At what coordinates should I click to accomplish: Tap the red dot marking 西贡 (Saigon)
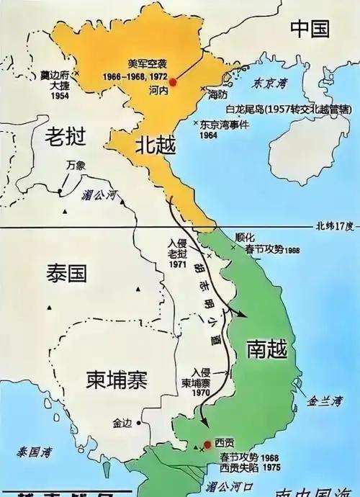coord(207,444)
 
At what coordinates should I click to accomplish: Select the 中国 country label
coord(310,29)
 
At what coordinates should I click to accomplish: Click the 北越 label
coord(154,144)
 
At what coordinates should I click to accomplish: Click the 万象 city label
coord(75,165)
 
